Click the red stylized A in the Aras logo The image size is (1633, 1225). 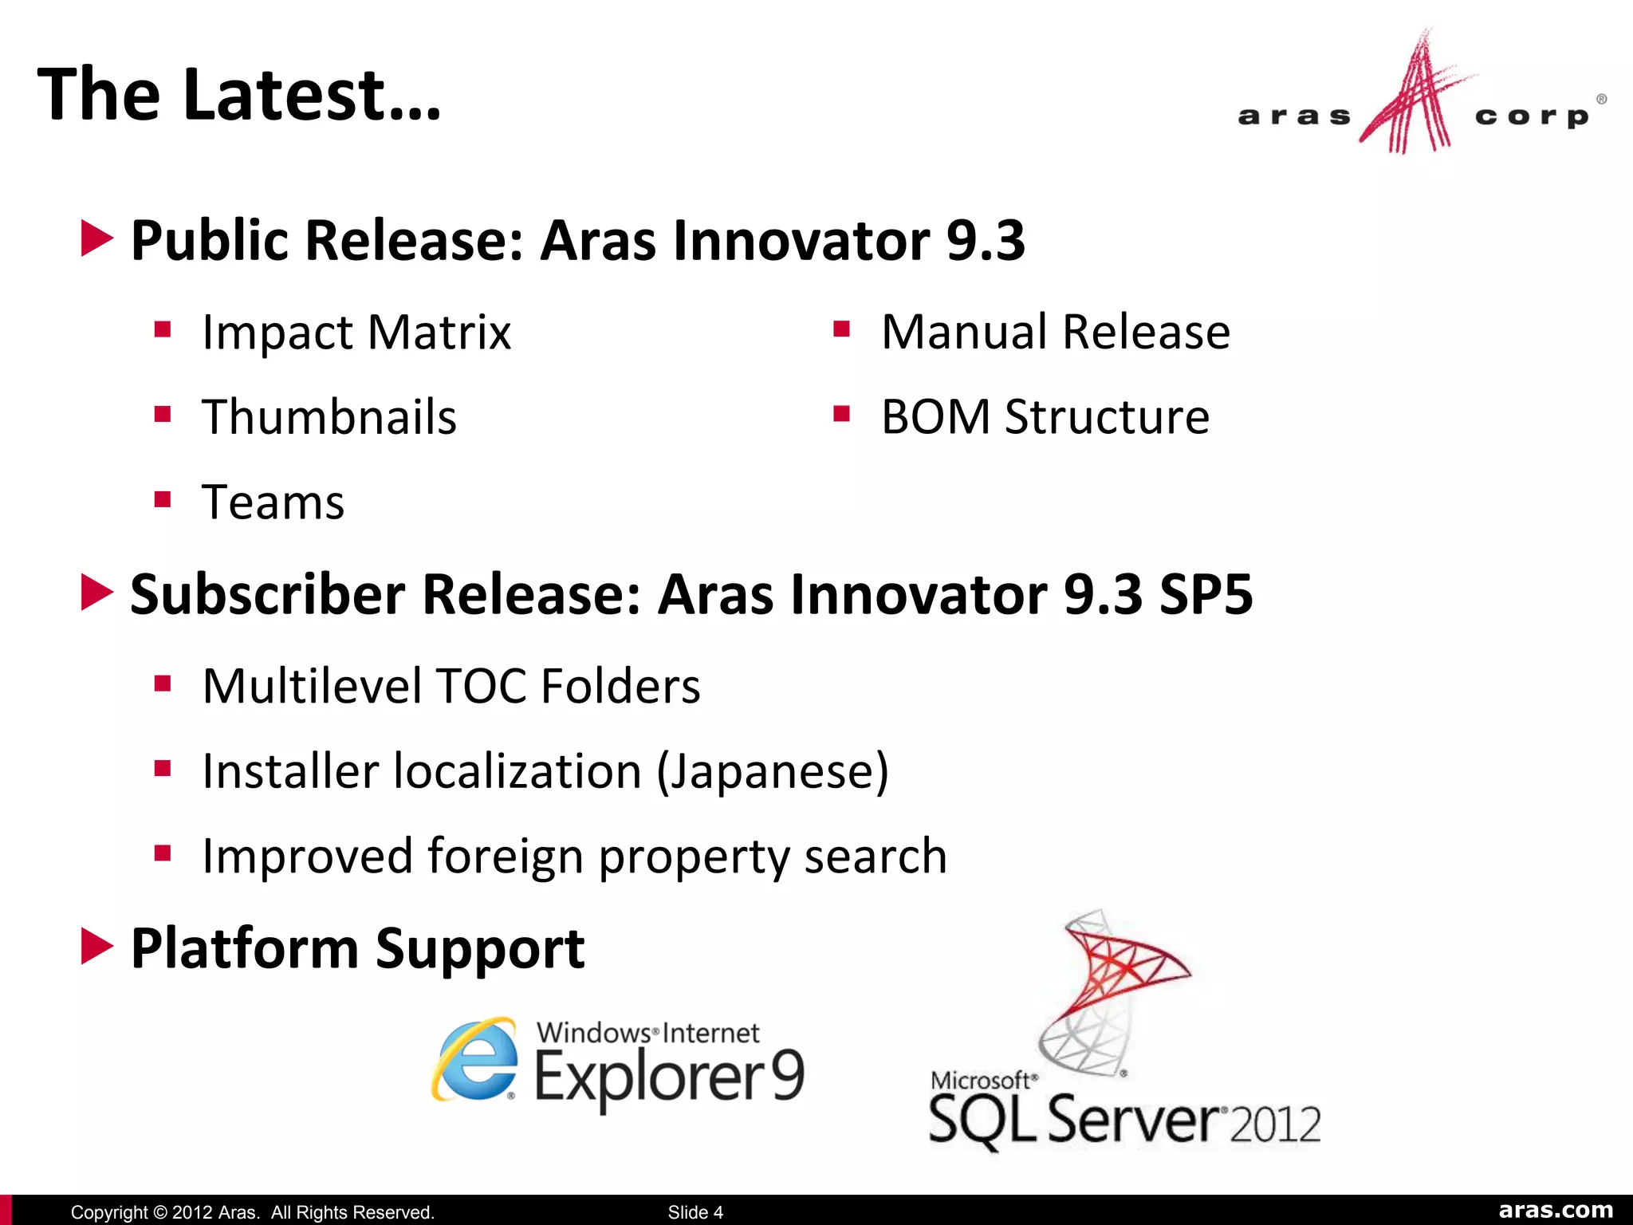point(1415,100)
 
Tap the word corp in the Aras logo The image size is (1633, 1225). point(1532,117)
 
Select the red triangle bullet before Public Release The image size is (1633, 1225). point(97,239)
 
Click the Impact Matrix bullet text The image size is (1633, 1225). point(356,333)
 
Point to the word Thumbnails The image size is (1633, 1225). point(329,417)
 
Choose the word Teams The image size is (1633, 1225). point(273,502)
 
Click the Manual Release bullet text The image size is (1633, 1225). point(1055,333)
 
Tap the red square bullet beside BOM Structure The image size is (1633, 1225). point(841,414)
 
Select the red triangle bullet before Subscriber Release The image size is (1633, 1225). point(97,593)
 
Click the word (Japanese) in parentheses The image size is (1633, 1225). point(772,772)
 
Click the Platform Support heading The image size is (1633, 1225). point(357,949)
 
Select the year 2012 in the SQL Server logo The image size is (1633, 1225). point(1275,1124)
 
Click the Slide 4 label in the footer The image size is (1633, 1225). point(695,1212)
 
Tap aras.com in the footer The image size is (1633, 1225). point(1555,1210)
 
